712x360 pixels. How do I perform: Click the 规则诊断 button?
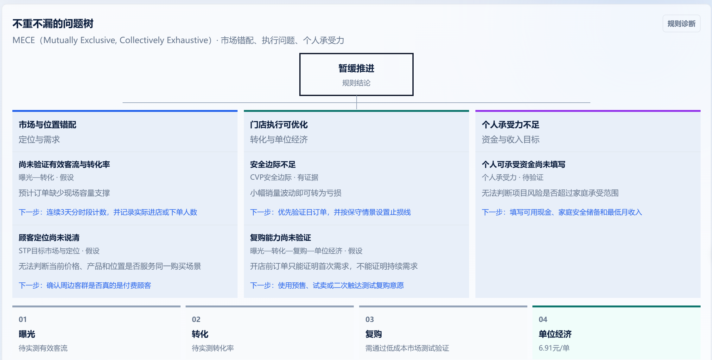pyautogui.click(x=681, y=24)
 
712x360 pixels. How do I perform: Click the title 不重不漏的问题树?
pyautogui.click(x=53, y=24)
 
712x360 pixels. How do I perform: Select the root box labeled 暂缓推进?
pyautogui.click(x=356, y=74)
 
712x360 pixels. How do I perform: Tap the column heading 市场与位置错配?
pyautogui.click(x=48, y=125)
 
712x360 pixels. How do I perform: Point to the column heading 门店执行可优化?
pyautogui.click(x=279, y=125)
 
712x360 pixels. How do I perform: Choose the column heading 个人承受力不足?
pyautogui.click(x=511, y=125)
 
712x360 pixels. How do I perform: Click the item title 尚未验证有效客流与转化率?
pyautogui.click(x=64, y=164)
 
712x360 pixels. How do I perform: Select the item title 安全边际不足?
pyautogui.click(x=273, y=164)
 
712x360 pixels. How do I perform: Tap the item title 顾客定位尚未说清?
pyautogui.click(x=49, y=238)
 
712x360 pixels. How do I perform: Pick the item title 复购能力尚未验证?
pyautogui.click(x=281, y=238)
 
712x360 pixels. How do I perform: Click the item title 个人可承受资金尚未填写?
pyautogui.click(x=524, y=164)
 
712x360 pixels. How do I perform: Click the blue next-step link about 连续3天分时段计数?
pyautogui.click(x=108, y=212)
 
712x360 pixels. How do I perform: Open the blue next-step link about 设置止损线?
pyautogui.click(x=330, y=212)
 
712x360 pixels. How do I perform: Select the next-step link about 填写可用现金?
pyautogui.click(x=562, y=212)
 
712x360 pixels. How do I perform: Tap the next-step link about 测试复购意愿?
pyautogui.click(x=327, y=286)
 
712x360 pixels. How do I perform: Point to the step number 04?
pyautogui.click(x=543, y=319)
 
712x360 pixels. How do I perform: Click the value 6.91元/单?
pyautogui.click(x=554, y=348)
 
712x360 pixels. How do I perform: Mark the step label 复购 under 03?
pyautogui.click(x=374, y=334)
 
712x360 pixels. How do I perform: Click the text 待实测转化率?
pyautogui.click(x=213, y=348)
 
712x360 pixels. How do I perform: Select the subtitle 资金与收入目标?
pyautogui.click(x=511, y=139)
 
